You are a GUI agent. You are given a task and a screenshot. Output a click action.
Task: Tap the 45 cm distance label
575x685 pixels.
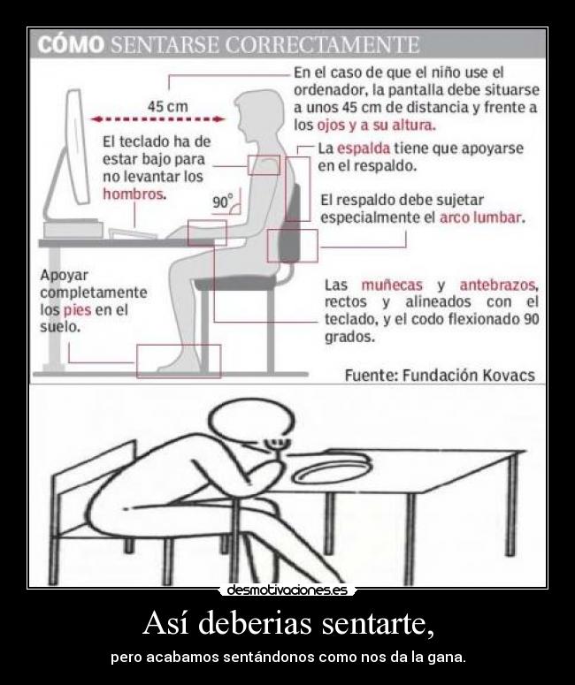click(x=166, y=106)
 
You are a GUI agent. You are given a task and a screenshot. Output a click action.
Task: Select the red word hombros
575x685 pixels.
click(x=134, y=194)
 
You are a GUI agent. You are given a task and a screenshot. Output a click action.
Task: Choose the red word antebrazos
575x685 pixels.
click(x=497, y=285)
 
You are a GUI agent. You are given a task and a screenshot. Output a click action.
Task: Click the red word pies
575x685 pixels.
click(x=75, y=309)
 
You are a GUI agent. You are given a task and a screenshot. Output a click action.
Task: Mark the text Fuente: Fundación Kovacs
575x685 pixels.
click(x=440, y=375)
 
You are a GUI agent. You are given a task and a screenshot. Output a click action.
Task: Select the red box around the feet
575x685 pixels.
click(x=178, y=361)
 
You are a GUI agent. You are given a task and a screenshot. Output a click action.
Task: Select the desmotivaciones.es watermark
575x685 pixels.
click(x=287, y=590)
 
